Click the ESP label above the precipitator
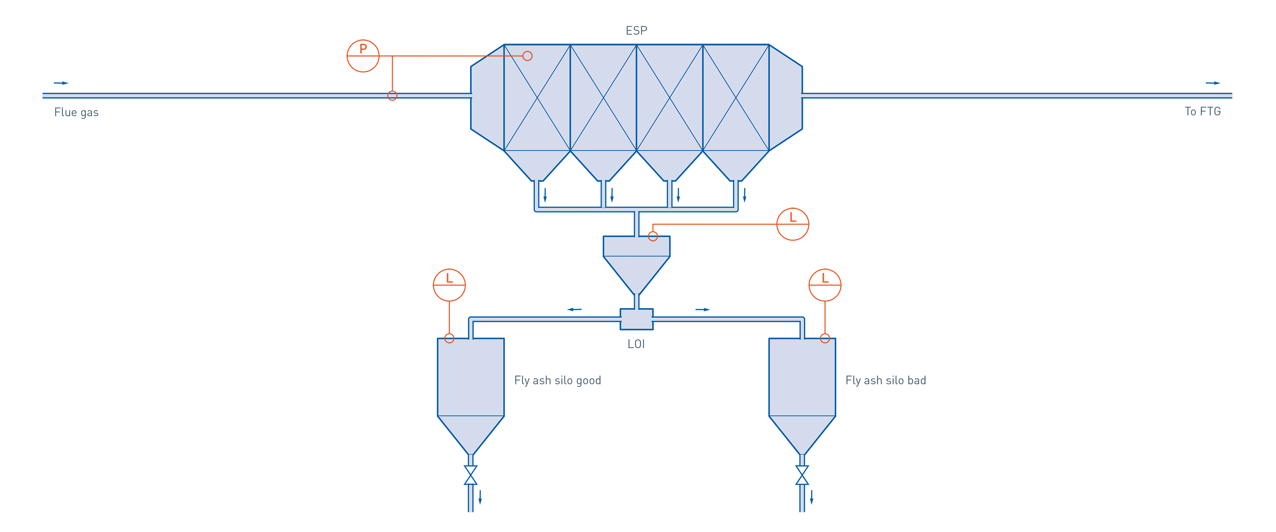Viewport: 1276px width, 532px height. [637, 31]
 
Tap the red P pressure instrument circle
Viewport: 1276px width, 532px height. [363, 56]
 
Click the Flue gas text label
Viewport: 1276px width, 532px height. [76, 112]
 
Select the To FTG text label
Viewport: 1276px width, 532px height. [1203, 112]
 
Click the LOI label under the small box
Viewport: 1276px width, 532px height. [636, 343]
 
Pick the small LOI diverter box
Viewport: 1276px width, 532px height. [637, 319]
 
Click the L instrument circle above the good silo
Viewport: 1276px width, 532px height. [449, 285]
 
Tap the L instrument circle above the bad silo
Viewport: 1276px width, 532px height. [825, 285]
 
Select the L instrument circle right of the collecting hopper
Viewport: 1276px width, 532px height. [793, 224]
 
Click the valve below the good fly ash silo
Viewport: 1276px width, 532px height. [471, 475]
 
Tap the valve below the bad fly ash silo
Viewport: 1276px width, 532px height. [802, 475]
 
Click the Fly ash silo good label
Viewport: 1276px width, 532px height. [558, 380]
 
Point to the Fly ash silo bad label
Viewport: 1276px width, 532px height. [886, 380]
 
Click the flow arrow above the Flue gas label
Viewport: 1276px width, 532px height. [61, 83]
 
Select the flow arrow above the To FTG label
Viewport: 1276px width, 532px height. [1213, 83]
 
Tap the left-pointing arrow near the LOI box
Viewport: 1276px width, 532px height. [575, 309]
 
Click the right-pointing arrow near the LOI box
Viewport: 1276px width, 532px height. [703, 309]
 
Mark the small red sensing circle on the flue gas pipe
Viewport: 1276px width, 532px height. [392, 96]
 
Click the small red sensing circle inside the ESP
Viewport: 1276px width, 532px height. [528, 56]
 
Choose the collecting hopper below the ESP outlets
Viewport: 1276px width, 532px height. [637, 263]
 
